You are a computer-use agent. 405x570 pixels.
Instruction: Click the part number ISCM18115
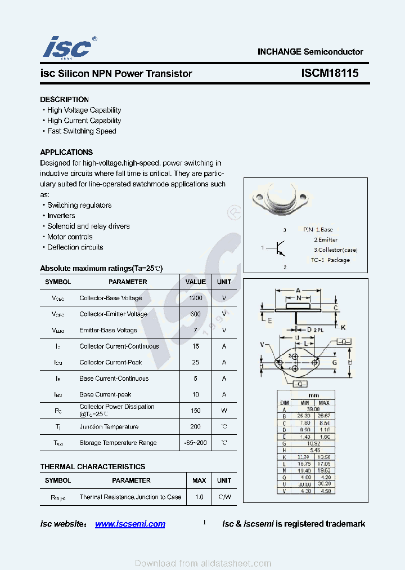pyautogui.click(x=330, y=74)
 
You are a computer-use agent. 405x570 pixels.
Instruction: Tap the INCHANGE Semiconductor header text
pyautogui.click(x=310, y=51)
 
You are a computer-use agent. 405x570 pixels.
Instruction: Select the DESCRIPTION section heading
pyautogui.click(x=64, y=99)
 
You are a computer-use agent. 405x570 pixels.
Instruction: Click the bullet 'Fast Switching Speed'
pyautogui.click(x=82, y=131)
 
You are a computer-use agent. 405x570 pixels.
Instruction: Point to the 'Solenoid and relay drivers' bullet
pyautogui.click(x=88, y=226)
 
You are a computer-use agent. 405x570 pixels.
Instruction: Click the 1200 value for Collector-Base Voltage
pyautogui.click(x=196, y=298)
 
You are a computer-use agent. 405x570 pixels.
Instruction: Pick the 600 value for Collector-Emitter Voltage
pyautogui.click(x=196, y=314)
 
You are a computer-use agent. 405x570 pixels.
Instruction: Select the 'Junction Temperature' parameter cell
pyautogui.click(x=109, y=427)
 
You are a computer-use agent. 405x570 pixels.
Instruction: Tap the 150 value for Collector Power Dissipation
pyautogui.click(x=196, y=411)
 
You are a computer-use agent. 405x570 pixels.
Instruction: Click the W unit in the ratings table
pyautogui.click(x=224, y=411)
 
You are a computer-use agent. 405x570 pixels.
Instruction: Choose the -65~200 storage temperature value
pyautogui.click(x=196, y=443)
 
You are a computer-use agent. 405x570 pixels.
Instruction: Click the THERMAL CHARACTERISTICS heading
pyautogui.click(x=92, y=466)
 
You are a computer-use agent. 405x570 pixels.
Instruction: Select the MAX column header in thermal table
pyautogui.click(x=199, y=480)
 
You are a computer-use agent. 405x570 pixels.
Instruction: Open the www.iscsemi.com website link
pyautogui.click(x=130, y=524)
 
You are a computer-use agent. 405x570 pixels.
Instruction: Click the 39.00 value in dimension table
pyautogui.click(x=313, y=409)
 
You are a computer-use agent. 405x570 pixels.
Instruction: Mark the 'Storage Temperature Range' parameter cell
pyautogui.click(x=118, y=443)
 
